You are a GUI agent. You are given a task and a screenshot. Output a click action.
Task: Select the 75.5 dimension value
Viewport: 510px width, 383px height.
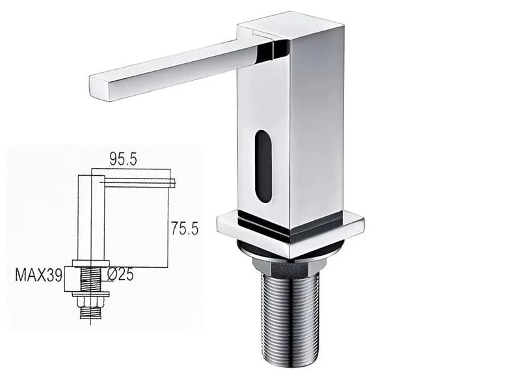pyautogui.click(x=185, y=228)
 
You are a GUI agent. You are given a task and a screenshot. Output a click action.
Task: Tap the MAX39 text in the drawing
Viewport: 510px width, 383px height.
pyautogui.click(x=38, y=275)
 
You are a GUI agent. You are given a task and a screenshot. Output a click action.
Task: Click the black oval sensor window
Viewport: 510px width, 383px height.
pyautogui.click(x=263, y=166)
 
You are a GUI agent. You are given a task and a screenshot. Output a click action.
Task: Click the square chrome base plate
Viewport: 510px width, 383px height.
pyautogui.click(x=289, y=231)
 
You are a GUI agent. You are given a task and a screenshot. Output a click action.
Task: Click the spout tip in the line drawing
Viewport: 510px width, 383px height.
pyautogui.click(x=172, y=183)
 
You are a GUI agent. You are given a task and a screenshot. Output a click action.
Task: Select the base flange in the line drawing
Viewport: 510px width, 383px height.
pyautogui.click(x=90, y=263)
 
